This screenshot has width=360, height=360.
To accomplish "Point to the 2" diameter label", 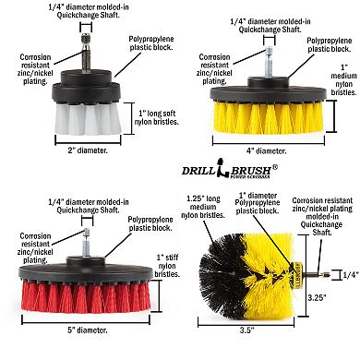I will click(86, 151).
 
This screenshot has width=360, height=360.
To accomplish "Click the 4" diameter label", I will click(273, 151).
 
